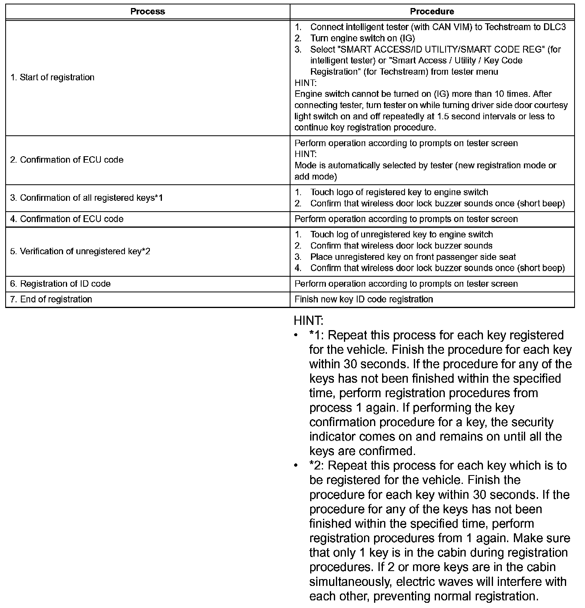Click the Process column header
(147, 12)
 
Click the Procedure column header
(432, 12)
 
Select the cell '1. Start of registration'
(52, 77)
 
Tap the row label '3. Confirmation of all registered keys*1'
(86, 198)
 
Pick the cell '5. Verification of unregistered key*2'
(80, 251)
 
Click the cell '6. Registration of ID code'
(60, 284)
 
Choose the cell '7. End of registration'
(51, 299)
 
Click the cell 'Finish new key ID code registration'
(364, 299)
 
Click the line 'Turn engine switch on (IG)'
(362, 38)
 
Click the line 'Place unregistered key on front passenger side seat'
(413, 257)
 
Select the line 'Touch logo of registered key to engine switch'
(399, 192)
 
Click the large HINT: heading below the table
(308, 320)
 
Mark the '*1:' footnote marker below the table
(317, 335)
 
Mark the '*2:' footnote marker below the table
(317, 465)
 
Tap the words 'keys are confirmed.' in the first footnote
(362, 451)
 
